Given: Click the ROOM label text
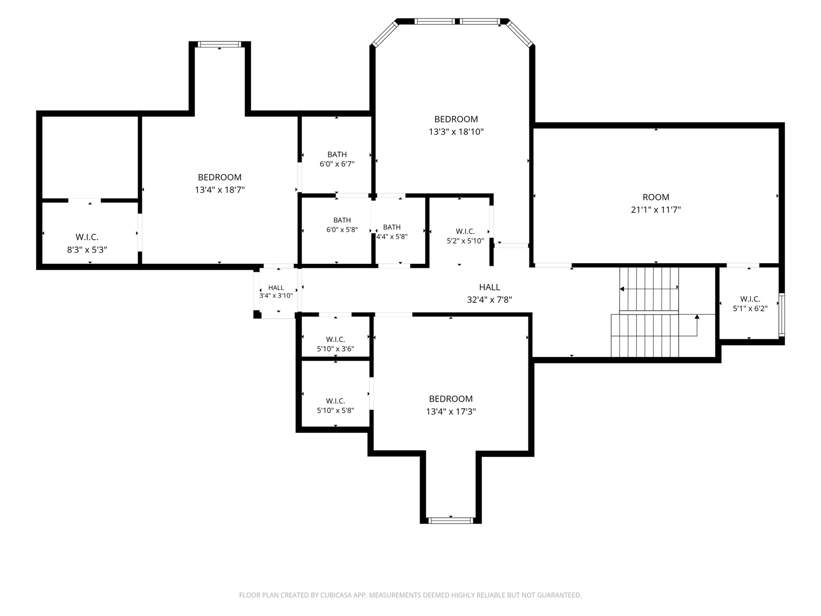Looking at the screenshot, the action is click(x=656, y=197).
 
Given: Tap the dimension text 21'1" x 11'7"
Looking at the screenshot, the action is click(x=656, y=210).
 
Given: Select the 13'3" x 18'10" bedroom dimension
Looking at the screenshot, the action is click(x=456, y=132).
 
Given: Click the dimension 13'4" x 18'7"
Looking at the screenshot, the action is click(x=219, y=190).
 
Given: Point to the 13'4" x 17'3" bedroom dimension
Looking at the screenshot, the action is click(x=451, y=412).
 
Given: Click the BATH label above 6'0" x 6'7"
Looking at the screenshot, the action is click(x=337, y=154).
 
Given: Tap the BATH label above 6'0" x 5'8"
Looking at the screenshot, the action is click(x=342, y=220).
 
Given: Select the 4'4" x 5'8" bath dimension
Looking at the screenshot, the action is click(x=392, y=237).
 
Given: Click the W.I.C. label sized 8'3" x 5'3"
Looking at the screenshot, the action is click(x=87, y=237).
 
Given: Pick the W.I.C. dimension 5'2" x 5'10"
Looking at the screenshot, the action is click(x=465, y=241).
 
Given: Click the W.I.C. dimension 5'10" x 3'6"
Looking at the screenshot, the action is click(x=335, y=349).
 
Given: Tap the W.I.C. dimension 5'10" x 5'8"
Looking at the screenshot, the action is click(x=335, y=410).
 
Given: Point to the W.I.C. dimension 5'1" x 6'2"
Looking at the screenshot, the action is click(x=750, y=308).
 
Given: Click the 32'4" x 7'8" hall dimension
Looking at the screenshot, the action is click(x=489, y=299).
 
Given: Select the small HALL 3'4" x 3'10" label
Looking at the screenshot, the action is click(x=276, y=292).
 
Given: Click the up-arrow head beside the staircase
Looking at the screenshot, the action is click(x=697, y=317).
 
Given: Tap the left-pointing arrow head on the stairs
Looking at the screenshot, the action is click(x=622, y=289).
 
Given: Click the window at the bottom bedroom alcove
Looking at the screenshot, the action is click(x=451, y=520).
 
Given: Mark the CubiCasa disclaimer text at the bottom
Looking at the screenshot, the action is click(x=410, y=595).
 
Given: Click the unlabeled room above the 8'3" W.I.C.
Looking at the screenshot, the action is click(x=90, y=157).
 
